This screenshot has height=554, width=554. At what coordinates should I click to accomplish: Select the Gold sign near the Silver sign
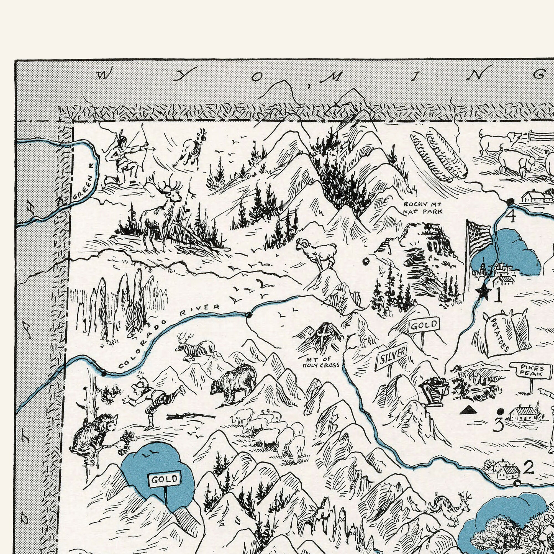point(424,325)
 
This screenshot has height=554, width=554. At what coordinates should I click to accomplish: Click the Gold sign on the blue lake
point(165,479)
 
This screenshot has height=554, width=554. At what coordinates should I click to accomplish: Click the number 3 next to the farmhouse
point(498,425)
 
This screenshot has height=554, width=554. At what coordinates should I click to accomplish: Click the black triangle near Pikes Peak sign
point(468,410)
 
